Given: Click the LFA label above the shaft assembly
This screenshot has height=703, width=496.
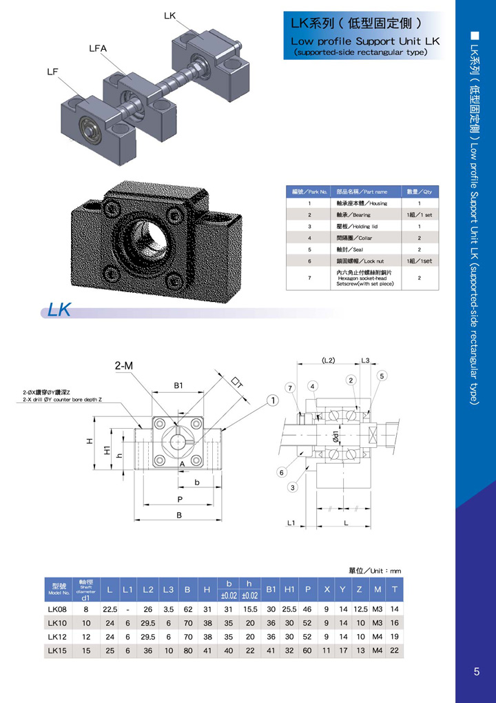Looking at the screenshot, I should [x=97, y=48].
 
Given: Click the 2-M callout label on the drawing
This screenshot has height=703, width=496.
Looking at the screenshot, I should [x=124, y=366].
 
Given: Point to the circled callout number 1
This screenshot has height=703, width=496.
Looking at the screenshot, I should [x=273, y=400].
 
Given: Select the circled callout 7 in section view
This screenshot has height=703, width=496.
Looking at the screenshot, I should [x=291, y=388].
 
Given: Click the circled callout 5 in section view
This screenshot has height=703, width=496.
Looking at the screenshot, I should [x=382, y=376].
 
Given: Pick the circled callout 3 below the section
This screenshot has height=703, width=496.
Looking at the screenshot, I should [x=293, y=488].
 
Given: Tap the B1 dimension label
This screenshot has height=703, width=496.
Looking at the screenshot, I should [x=178, y=386].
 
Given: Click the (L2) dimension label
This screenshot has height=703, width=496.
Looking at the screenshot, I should [x=328, y=360].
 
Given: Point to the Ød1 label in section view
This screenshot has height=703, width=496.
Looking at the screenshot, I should [x=335, y=436].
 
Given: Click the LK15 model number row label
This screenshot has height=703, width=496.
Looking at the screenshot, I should [x=57, y=650].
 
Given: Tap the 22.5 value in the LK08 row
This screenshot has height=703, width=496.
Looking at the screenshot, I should [x=110, y=609].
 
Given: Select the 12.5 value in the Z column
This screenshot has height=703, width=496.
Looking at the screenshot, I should [x=360, y=609].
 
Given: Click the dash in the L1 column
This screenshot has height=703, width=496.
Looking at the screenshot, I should [x=127, y=609].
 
